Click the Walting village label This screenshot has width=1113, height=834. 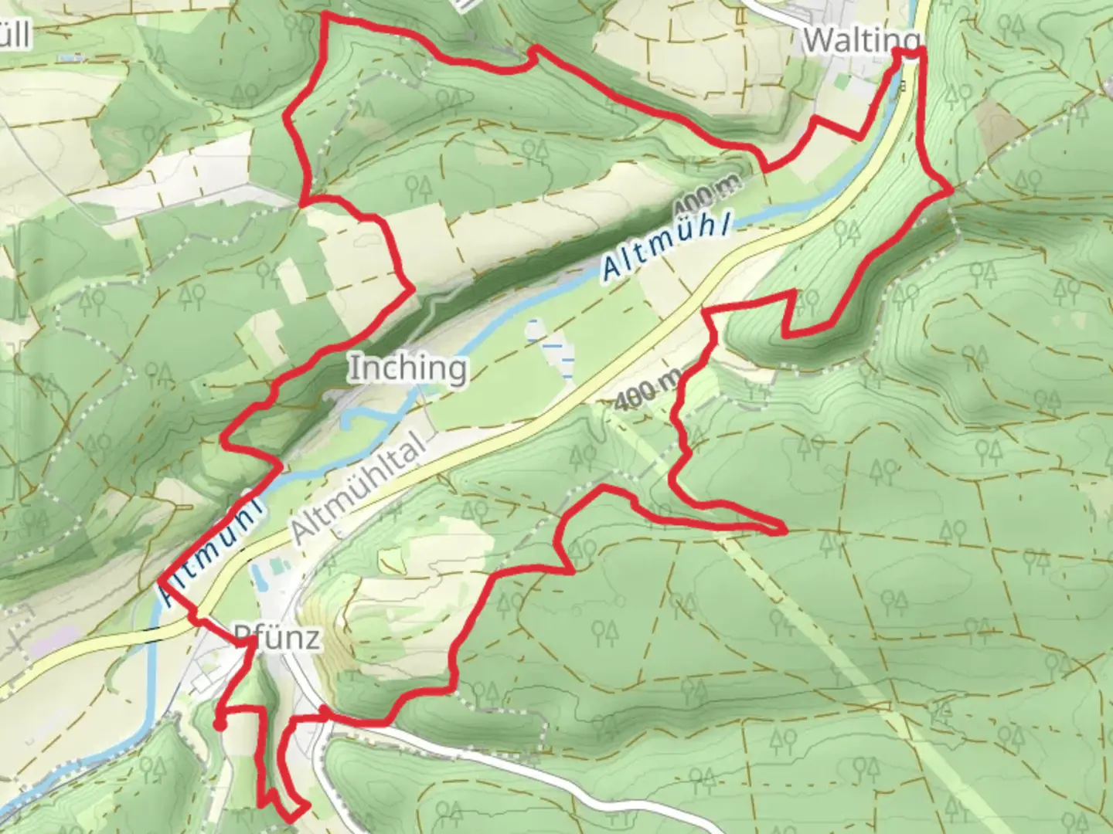[862, 39]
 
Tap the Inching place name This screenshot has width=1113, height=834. [407, 368]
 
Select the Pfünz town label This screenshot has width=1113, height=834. [277, 638]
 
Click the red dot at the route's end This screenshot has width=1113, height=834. [220, 724]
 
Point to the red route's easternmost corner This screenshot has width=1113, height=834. [951, 188]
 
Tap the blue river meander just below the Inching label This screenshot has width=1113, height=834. [363, 417]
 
